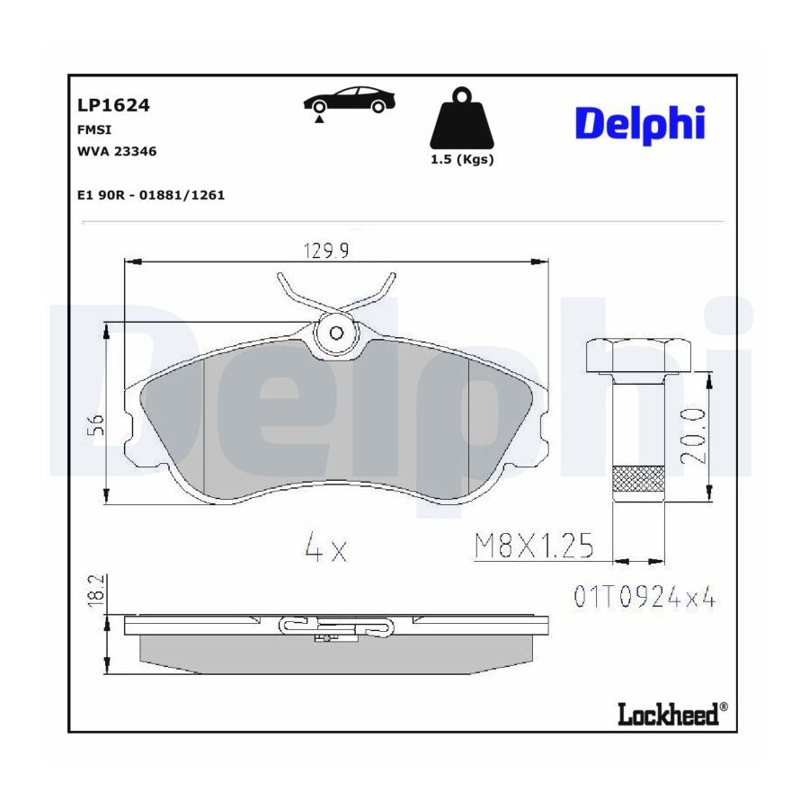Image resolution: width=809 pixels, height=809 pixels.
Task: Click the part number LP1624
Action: click(x=113, y=105)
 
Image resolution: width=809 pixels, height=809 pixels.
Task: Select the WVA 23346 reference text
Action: click(x=117, y=152)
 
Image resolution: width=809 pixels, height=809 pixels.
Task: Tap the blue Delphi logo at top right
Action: click(x=640, y=124)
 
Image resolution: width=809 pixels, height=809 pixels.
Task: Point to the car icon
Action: click(x=350, y=100)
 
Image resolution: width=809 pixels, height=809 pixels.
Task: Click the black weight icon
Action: click(x=462, y=118)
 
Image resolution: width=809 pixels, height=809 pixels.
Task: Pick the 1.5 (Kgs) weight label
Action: click(x=462, y=159)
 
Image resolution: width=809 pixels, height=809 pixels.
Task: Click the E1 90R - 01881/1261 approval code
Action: click(x=151, y=196)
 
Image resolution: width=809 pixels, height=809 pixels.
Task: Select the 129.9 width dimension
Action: click(x=326, y=251)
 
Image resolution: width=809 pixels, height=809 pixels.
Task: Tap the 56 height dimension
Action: click(x=96, y=424)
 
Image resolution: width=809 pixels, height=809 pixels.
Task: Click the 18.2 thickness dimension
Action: click(x=96, y=591)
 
